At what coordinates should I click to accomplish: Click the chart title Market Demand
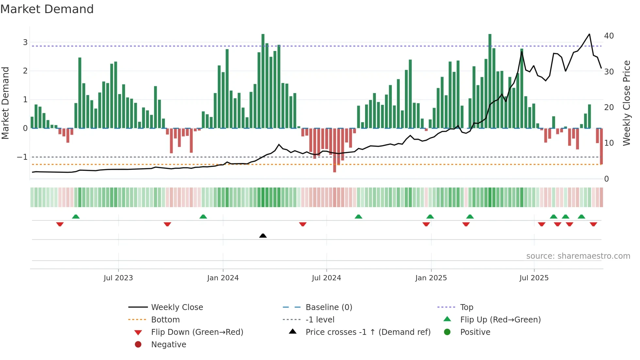47,9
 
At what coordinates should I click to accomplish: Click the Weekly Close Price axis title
626,103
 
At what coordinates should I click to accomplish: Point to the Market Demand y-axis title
6,103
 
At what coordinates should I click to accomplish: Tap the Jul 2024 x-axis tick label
326,278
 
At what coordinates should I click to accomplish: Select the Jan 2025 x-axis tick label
431,278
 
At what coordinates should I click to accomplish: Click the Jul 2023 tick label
118,278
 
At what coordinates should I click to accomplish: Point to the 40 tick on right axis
609,36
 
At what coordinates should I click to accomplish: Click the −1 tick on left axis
23,157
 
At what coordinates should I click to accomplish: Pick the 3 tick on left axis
25,42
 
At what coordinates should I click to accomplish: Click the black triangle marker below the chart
263,236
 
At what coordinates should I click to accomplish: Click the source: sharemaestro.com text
578,256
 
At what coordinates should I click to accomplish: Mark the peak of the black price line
589,34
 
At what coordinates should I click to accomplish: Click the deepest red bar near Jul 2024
334,150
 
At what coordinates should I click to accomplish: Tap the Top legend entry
466,307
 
